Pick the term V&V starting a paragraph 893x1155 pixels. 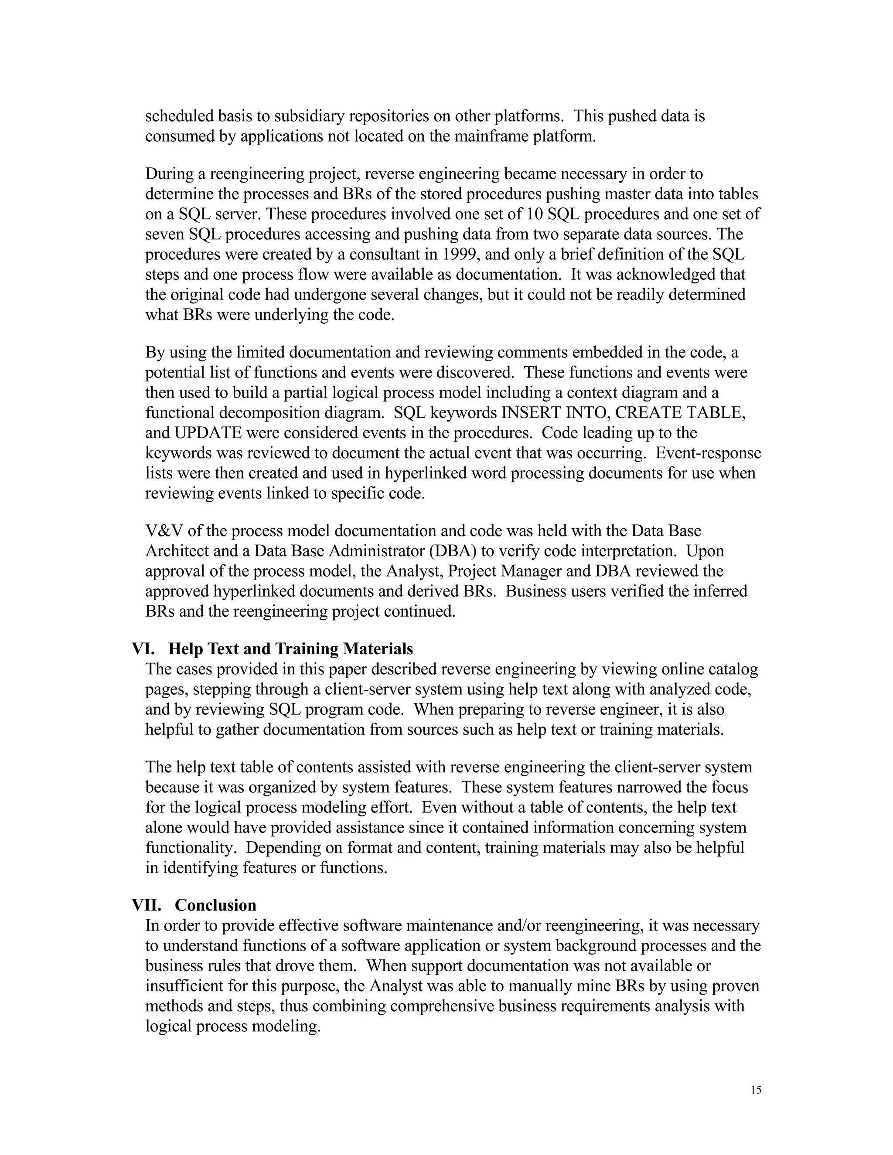coord(164,531)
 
